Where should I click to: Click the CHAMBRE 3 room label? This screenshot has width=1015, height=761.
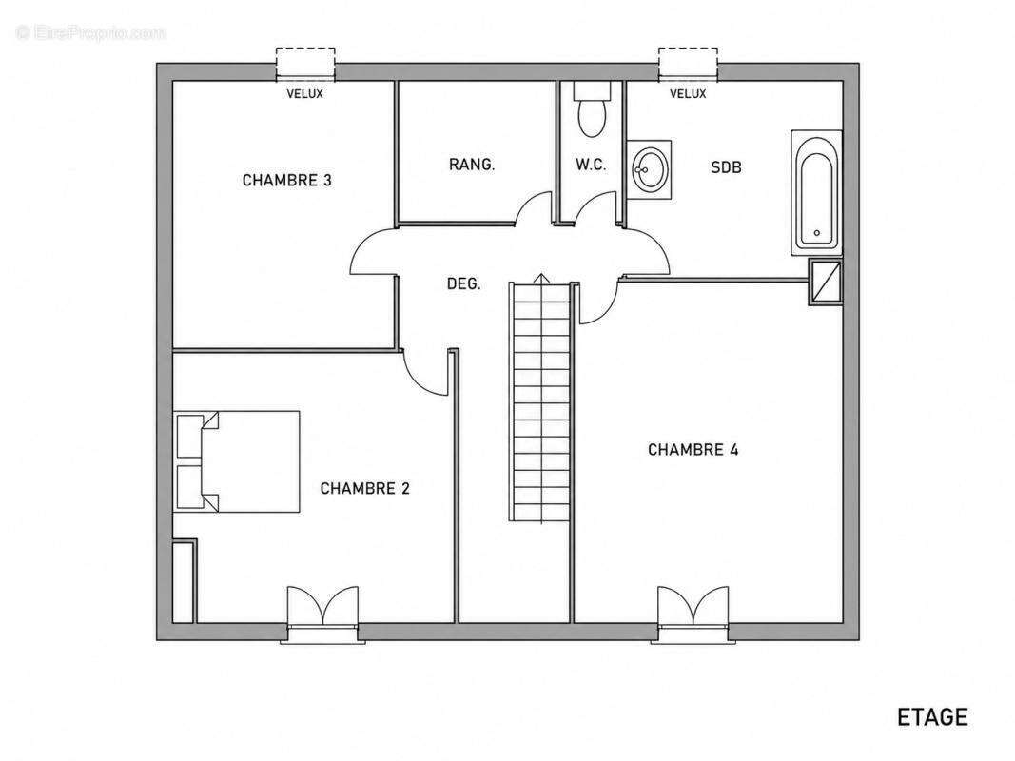click(x=286, y=180)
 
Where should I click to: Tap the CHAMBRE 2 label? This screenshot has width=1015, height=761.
click(x=365, y=488)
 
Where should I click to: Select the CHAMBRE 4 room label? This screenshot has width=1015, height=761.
click(x=693, y=449)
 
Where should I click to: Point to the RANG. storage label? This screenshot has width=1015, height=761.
click(x=472, y=165)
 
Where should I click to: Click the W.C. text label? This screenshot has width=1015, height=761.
click(x=591, y=165)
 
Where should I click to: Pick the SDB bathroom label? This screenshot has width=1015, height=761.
click(x=727, y=167)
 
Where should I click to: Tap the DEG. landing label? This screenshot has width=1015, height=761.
click(x=464, y=283)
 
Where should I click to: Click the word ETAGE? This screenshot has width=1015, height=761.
click(x=933, y=717)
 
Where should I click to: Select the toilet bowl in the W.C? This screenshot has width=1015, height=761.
click(x=592, y=110)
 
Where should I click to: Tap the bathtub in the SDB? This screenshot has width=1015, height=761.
click(x=817, y=193)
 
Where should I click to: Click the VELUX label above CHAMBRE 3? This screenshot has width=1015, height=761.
click(x=305, y=94)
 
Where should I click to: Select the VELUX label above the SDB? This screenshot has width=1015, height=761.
click(x=688, y=94)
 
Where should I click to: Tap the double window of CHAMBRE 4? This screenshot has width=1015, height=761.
click(x=693, y=615)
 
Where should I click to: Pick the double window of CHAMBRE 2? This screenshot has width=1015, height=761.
click(x=322, y=615)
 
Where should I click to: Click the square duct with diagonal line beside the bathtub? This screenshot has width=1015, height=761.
click(x=826, y=283)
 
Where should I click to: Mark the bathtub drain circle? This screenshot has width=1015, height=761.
click(x=817, y=233)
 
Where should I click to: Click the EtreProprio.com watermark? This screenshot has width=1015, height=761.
click(x=91, y=32)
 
